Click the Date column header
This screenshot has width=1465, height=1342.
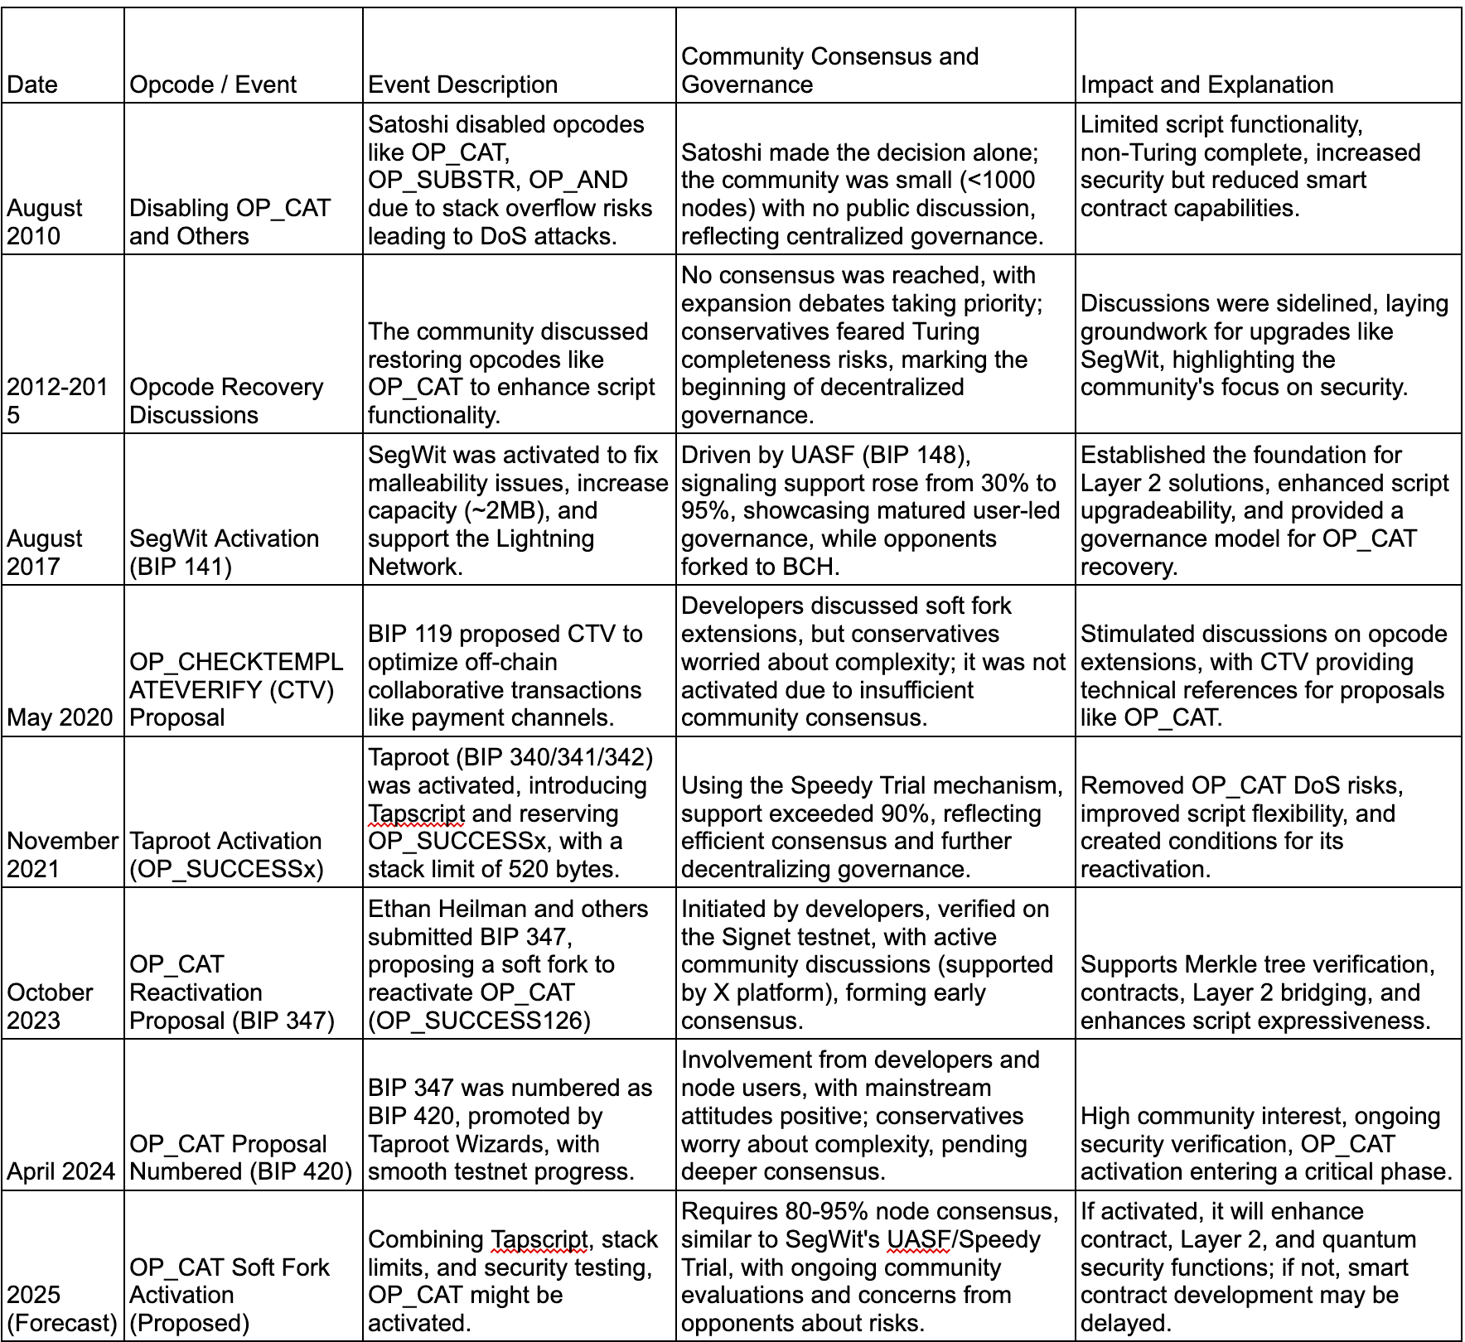click(32, 84)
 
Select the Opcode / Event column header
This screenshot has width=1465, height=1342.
click(213, 84)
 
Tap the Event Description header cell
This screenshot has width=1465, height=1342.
click(462, 84)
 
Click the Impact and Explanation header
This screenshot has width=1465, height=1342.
click(1206, 84)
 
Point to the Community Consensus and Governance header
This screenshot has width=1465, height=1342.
click(829, 70)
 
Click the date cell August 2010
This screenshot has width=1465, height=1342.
click(45, 222)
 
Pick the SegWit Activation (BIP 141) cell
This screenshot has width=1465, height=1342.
click(224, 553)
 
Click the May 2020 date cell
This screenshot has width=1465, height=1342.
click(60, 717)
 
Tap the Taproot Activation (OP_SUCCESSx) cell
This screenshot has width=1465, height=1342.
click(226, 855)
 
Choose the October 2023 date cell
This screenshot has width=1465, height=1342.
click(50, 1006)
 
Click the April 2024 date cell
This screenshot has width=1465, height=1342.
click(60, 1171)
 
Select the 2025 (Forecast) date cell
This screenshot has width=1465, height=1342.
click(61, 1309)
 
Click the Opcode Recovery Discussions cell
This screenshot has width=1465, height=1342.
click(226, 401)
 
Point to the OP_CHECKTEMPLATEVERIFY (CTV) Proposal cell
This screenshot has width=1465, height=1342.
click(236, 689)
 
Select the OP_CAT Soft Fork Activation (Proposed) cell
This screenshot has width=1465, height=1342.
click(230, 1295)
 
